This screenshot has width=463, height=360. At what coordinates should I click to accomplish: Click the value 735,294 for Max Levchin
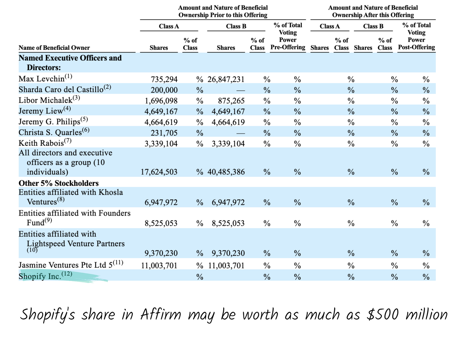pyautogui.click(x=164, y=80)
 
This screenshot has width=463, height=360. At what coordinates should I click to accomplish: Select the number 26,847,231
pyautogui.click(x=226, y=80)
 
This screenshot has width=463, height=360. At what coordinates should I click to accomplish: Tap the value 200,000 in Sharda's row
pyautogui.click(x=164, y=90)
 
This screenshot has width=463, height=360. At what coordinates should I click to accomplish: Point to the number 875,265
pyautogui.click(x=231, y=101)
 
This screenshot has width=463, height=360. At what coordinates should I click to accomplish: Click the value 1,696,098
pyautogui.click(x=161, y=101)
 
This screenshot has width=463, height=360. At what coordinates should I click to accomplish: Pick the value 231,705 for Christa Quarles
pyautogui.click(x=164, y=133)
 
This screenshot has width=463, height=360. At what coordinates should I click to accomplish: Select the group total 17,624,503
pyautogui.click(x=159, y=172)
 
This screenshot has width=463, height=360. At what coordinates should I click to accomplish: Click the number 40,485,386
pyautogui.click(x=226, y=172)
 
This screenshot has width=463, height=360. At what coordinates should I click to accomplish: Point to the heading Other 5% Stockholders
pyautogui.click(x=59, y=183)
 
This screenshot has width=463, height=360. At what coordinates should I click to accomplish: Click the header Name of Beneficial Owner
pyautogui.click(x=54, y=48)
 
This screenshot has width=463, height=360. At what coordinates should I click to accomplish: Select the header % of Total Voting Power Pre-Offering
pyautogui.click(x=288, y=36)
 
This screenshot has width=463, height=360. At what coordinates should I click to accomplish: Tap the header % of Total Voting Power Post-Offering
pyautogui.click(x=417, y=36)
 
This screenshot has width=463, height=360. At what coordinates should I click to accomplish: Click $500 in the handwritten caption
pyautogui.click(x=383, y=314)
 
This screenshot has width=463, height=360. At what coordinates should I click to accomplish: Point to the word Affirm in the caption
pyautogui.click(x=161, y=314)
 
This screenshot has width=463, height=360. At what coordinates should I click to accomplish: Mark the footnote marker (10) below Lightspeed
pyautogui.click(x=32, y=250)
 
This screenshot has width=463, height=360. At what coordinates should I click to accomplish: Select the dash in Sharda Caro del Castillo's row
pyautogui.click(x=240, y=91)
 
